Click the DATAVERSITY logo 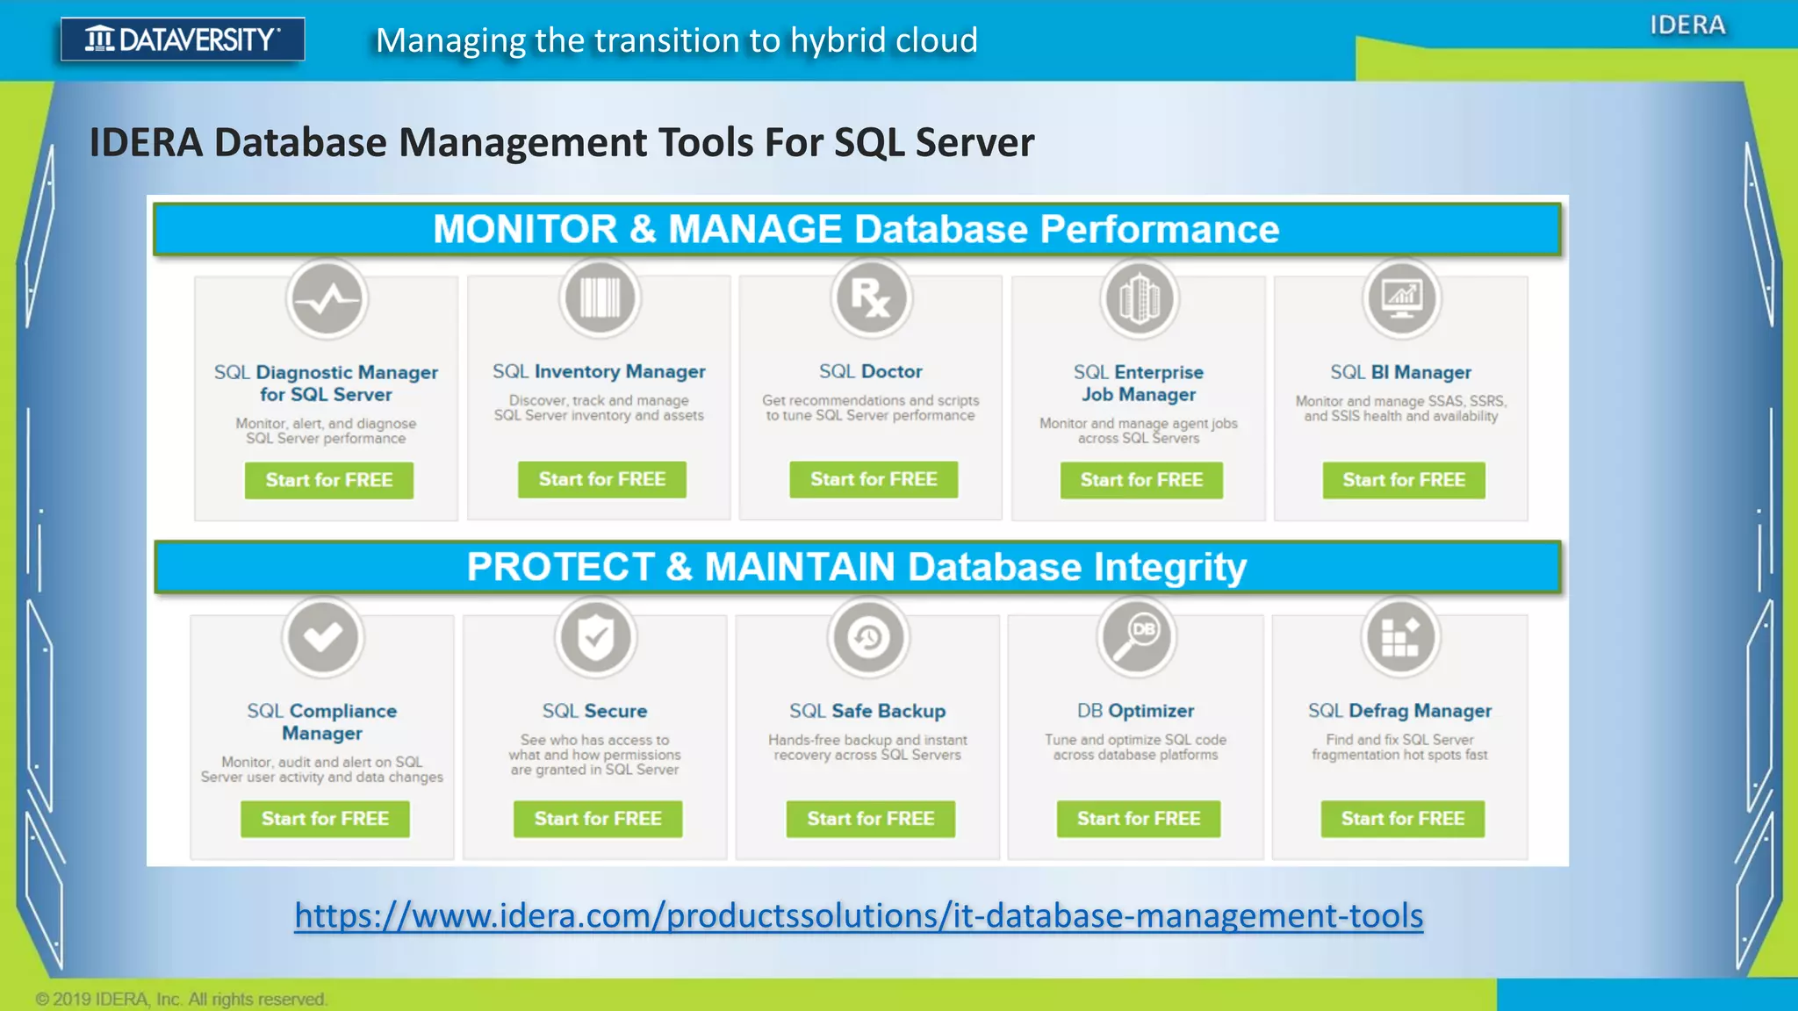tap(183, 39)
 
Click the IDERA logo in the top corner tap(1687, 25)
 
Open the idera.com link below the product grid tap(858, 915)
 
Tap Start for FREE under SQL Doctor tap(874, 479)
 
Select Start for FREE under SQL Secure tap(598, 818)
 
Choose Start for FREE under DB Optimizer tap(1138, 818)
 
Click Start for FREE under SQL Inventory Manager tap(601, 479)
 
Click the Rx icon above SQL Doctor tap(871, 298)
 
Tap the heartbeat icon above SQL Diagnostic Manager tap(327, 299)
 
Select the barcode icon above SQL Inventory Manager tap(600, 298)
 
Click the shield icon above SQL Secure tap(595, 637)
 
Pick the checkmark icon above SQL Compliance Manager tap(322, 637)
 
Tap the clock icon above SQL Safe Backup tap(868, 637)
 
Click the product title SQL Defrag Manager tap(1399, 711)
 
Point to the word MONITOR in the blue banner tap(525, 229)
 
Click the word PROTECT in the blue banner tap(560, 567)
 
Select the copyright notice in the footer tap(181, 999)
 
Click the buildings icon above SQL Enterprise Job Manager tap(1139, 298)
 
